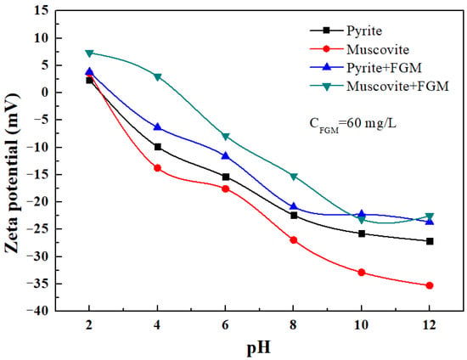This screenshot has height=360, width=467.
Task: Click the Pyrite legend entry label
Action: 364,31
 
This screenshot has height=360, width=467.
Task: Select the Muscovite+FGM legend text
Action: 397,87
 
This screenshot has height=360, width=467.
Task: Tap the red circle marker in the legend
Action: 327,49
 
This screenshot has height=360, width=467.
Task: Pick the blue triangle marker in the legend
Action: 327,67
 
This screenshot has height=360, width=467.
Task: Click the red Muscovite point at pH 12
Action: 430,285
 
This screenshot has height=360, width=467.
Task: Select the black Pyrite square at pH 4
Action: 158,147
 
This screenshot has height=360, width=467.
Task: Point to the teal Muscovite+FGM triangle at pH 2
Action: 89,53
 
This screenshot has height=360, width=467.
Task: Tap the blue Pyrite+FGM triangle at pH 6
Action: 226,155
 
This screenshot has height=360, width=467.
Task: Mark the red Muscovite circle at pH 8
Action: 294,240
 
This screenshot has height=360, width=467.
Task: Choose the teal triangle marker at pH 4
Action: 158,77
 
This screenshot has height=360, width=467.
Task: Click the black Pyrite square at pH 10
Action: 362,233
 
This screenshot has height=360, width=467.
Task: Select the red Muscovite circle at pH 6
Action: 226,188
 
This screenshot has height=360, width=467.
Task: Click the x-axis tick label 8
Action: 294,325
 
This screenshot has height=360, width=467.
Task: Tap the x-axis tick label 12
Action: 429,325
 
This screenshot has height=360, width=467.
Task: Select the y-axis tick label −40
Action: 38,311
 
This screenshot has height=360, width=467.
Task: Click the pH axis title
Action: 259,348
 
